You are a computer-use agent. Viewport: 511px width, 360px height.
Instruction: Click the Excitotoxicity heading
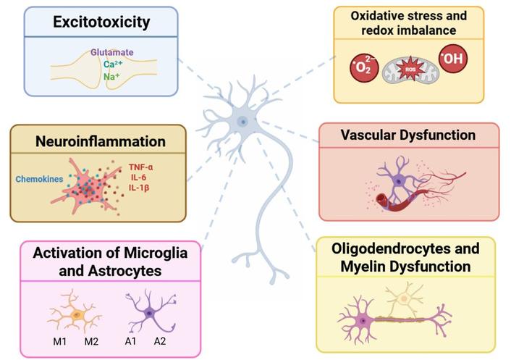click(101, 22)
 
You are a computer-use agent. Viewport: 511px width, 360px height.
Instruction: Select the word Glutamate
click(112, 52)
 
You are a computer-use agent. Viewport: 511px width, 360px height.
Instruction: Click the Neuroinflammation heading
click(101, 141)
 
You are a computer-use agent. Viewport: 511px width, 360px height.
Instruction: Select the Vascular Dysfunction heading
click(409, 135)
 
